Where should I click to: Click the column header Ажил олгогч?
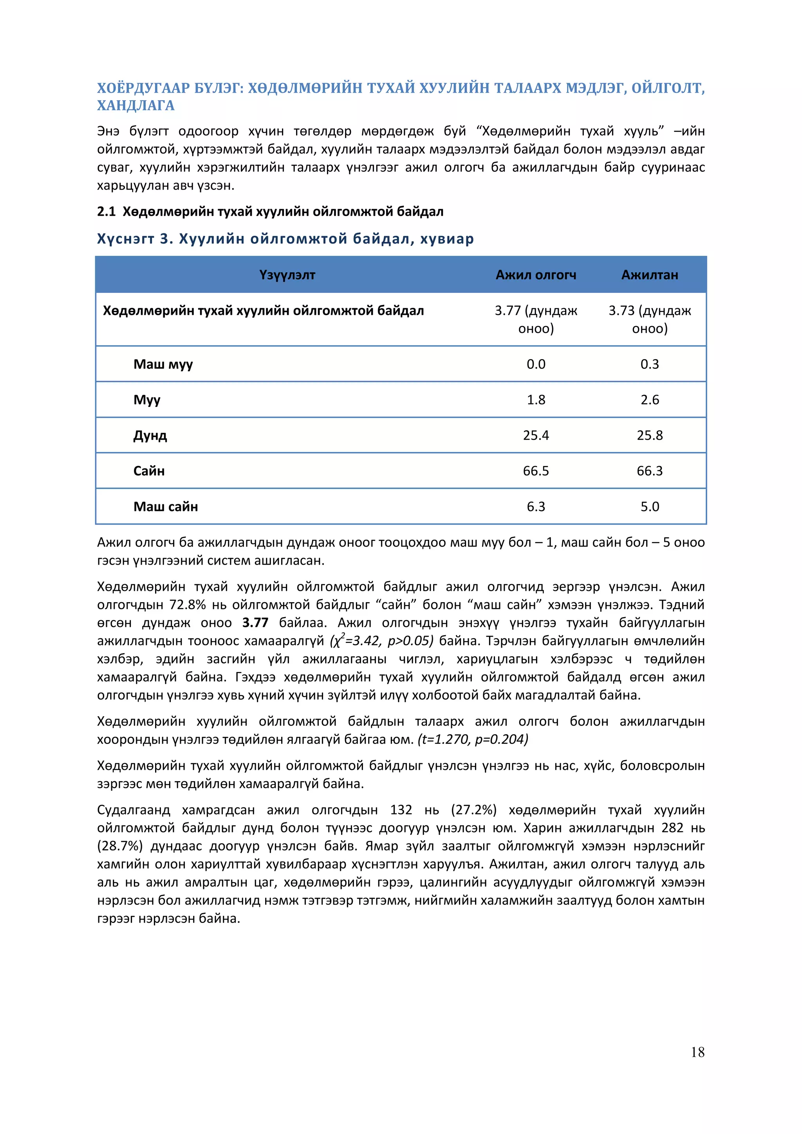coord(536,275)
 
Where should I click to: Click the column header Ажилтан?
coord(649,275)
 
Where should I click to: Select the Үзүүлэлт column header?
coord(287,275)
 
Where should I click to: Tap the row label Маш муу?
coord(163,364)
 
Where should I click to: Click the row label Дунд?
coord(150,435)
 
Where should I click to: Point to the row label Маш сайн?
coord(165,506)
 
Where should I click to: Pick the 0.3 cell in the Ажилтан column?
coord(649,364)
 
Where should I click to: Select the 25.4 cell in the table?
coord(536,435)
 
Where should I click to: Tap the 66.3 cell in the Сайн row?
coord(649,471)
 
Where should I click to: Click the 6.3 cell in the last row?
coord(536,506)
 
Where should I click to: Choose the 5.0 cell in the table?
coord(649,506)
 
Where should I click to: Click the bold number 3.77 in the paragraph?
coord(255,623)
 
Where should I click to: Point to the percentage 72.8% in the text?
coord(188,605)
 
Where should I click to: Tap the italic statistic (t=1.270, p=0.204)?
coord(473,739)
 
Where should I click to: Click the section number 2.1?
coord(106,211)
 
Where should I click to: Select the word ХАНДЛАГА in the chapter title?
coord(136,106)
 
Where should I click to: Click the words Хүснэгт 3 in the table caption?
coord(134,239)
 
